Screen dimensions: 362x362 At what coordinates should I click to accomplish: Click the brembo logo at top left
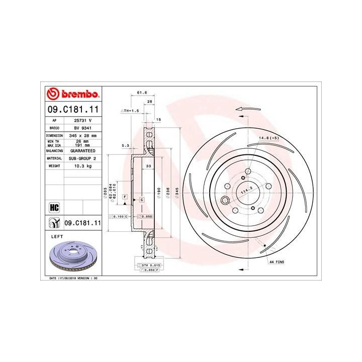click(x=73, y=95)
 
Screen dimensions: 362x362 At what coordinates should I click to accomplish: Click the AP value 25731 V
click(x=82, y=121)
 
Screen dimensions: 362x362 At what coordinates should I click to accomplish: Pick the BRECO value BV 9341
click(x=82, y=128)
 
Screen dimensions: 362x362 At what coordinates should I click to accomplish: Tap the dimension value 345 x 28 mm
click(x=82, y=136)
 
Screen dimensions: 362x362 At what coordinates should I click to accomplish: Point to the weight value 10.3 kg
click(x=82, y=165)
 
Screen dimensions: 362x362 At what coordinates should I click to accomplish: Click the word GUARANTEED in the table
click(x=82, y=150)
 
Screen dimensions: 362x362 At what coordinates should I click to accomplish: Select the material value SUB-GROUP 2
click(x=82, y=158)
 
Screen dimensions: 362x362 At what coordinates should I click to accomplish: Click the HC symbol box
click(x=54, y=207)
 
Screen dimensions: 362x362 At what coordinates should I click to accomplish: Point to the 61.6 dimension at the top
click(x=142, y=93)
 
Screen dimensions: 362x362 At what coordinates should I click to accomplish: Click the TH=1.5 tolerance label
click(x=130, y=111)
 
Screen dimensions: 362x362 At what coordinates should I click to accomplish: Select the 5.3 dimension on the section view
click(x=126, y=146)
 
